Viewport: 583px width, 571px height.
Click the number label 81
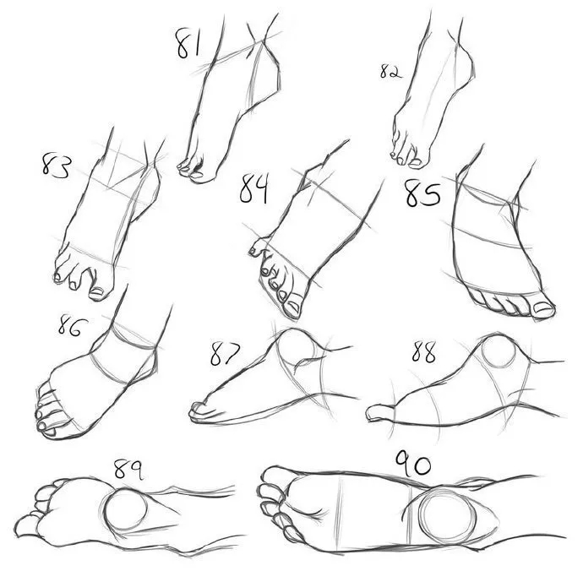[188, 44]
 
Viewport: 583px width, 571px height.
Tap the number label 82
[390, 71]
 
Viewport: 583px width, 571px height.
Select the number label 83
[56, 165]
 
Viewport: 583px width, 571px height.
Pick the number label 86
[72, 325]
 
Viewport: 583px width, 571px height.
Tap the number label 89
[128, 469]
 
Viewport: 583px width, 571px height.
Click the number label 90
[412, 464]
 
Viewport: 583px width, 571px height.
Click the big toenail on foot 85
[542, 307]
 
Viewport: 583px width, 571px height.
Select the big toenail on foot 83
[97, 291]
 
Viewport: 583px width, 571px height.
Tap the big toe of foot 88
[379, 412]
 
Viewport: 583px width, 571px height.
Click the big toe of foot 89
[26, 525]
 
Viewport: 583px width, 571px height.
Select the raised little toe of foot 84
[259, 245]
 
